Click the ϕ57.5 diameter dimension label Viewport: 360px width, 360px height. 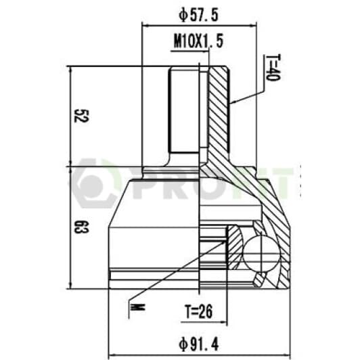pyautogui.click(x=198, y=16)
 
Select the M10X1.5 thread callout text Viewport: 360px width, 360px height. pyautogui.click(x=198, y=41)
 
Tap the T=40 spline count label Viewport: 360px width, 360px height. pyautogui.click(x=273, y=68)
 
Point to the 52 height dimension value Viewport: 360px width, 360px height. pyautogui.click(x=81, y=116)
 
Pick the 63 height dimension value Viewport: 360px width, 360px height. pyautogui.click(x=81, y=227)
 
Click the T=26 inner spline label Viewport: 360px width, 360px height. pyautogui.click(x=199, y=311)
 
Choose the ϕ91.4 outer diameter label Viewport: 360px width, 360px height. pyautogui.click(x=199, y=344)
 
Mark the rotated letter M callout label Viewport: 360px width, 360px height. pyautogui.click(x=137, y=307)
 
